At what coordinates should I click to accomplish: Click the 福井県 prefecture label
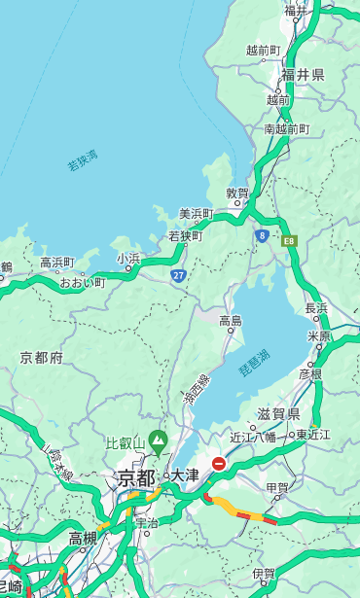[303, 75]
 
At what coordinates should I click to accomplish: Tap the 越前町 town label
[263, 50]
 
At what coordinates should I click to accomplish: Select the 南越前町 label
[286, 128]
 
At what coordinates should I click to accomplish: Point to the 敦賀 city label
[237, 193]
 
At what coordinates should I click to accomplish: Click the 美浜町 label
[196, 213]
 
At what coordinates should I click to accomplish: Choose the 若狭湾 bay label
[82, 160]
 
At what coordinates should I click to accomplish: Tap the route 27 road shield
[178, 276]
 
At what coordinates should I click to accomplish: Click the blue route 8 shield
[262, 235]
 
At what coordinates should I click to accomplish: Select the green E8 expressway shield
[288, 239]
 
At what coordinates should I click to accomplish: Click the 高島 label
[231, 321]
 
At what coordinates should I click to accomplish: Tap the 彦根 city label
[309, 373]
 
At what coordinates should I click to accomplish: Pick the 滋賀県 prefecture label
[276, 413]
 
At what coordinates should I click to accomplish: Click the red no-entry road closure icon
[219, 465]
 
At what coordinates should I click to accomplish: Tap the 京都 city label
[136, 477]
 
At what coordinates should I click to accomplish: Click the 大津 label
[185, 475]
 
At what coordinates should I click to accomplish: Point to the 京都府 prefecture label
[41, 358]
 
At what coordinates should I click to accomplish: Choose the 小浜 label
[128, 259]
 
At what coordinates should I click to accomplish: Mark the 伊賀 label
[263, 574]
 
